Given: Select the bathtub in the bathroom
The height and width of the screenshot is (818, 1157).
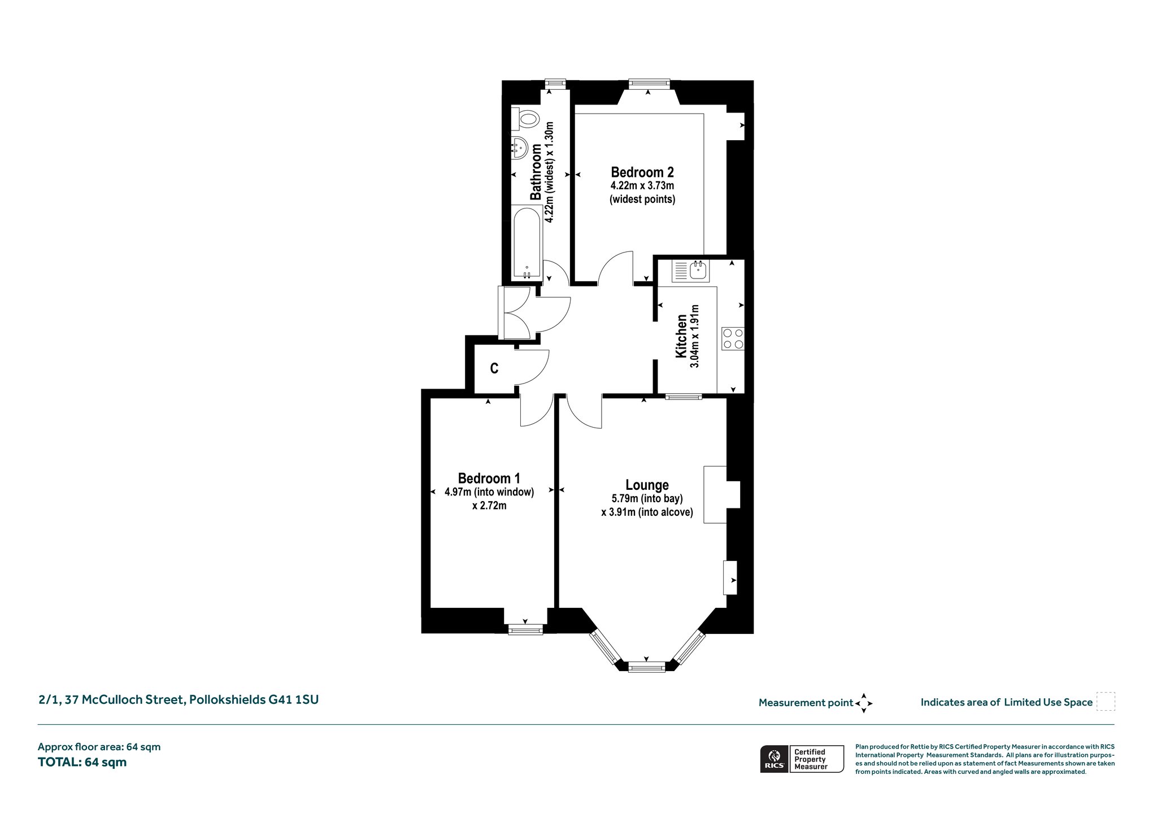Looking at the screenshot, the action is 527,243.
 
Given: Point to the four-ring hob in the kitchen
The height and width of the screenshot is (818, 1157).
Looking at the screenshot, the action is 733,338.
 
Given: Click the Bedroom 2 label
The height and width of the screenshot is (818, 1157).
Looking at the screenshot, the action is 642,172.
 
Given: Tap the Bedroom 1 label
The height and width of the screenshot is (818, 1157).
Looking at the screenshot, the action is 489,478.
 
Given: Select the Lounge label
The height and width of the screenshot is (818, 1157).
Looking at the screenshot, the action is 647,485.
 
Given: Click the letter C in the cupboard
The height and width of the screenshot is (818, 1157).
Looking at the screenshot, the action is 494,368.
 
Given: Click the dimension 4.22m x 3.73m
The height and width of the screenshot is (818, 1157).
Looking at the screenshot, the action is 642,186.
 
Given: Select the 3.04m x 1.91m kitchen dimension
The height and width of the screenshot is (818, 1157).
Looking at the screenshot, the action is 695,337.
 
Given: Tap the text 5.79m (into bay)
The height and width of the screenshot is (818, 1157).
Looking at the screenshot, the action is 647,499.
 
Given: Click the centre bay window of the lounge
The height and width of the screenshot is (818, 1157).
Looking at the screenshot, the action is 647,667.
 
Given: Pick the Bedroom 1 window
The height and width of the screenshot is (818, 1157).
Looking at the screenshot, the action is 525,629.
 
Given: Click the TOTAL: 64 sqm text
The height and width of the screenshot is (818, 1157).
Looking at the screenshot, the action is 82,762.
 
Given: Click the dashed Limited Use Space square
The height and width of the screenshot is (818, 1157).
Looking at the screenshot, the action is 1106,702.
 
